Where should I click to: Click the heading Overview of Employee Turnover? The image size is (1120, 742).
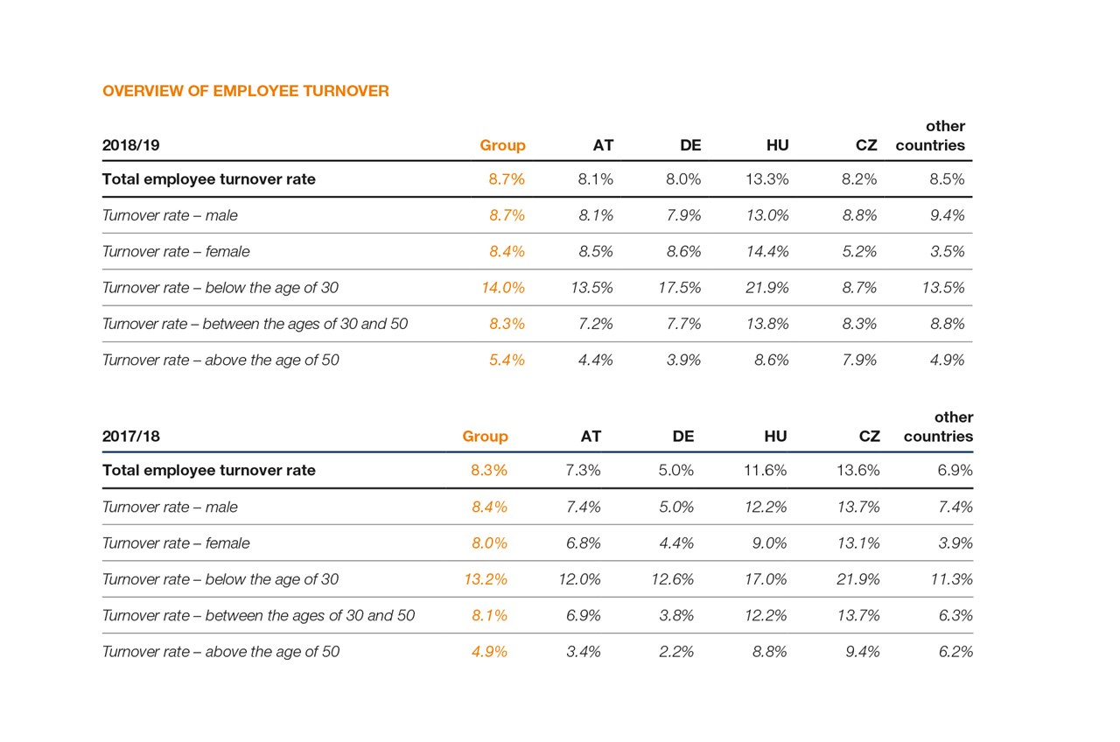pos(245,91)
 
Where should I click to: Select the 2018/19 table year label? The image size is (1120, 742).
pos(131,145)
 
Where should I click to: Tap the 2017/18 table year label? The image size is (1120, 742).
pos(131,437)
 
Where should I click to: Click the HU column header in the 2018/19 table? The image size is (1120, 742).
pos(777,145)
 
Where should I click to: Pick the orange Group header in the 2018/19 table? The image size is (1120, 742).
pos(502,145)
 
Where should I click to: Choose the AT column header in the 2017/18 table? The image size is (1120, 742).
pos(591,437)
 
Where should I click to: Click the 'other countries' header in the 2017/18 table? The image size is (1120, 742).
pos(938,427)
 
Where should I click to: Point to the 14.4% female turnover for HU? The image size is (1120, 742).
pos(766,252)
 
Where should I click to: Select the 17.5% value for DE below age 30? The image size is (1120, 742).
pos(679,288)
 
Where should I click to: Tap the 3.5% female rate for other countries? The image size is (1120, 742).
pos(948,252)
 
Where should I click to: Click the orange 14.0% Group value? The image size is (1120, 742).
pos(503,288)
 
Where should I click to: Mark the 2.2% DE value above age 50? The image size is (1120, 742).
pos(676,652)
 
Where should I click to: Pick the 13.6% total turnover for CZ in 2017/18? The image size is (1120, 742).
pos(858,471)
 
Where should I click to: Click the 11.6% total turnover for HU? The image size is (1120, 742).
pos(765,471)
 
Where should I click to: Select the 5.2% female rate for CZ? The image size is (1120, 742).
pos(859,252)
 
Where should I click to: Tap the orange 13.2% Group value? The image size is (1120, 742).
pos(486,579)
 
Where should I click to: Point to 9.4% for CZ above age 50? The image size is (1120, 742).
pos(863,652)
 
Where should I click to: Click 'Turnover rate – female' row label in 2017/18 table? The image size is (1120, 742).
pos(176,543)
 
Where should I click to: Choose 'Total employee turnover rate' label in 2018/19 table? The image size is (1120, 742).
pos(208,179)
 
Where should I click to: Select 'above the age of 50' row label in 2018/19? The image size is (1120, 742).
pos(220,360)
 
